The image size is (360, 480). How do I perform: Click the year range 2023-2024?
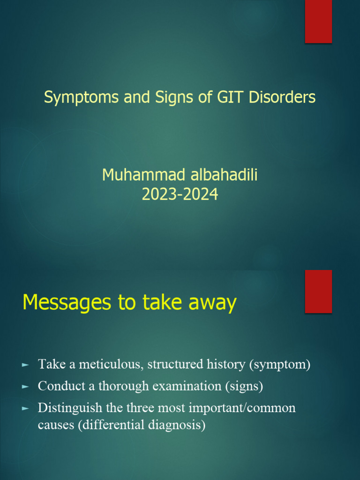pos(180,194)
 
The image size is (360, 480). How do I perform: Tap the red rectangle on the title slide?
pos(319,22)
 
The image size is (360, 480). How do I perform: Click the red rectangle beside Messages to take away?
pos(319,291)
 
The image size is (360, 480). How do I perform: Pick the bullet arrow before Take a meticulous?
pos(26,365)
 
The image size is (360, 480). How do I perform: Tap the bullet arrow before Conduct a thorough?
pos(26,387)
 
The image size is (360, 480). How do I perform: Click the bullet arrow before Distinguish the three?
pos(26,408)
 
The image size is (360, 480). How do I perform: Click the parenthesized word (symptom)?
pos(281,364)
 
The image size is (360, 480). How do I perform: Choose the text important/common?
pos(243,408)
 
